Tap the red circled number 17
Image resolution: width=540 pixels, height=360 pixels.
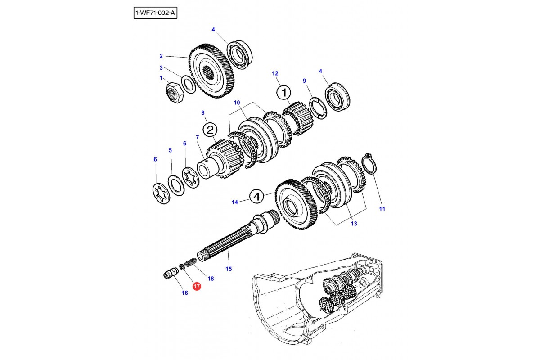[x=197, y=285]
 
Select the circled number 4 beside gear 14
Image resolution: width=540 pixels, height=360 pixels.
[x=256, y=196]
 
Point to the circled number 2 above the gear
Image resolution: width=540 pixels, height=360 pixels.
[x=210, y=130]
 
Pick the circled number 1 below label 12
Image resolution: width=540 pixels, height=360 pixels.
[x=284, y=93]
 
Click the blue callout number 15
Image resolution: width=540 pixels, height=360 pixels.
[x=229, y=269]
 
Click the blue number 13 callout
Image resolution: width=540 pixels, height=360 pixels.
[x=354, y=224]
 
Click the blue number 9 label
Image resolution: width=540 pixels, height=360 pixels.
[x=304, y=81]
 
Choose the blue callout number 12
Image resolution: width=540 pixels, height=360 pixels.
[x=275, y=73]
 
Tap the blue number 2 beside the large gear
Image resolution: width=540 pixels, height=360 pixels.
[x=161, y=56]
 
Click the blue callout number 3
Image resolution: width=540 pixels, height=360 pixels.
[x=161, y=68]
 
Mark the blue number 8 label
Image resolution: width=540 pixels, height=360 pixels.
[x=203, y=112]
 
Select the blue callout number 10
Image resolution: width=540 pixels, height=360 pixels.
[x=237, y=103]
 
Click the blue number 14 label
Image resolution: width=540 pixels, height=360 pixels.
[x=234, y=202]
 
